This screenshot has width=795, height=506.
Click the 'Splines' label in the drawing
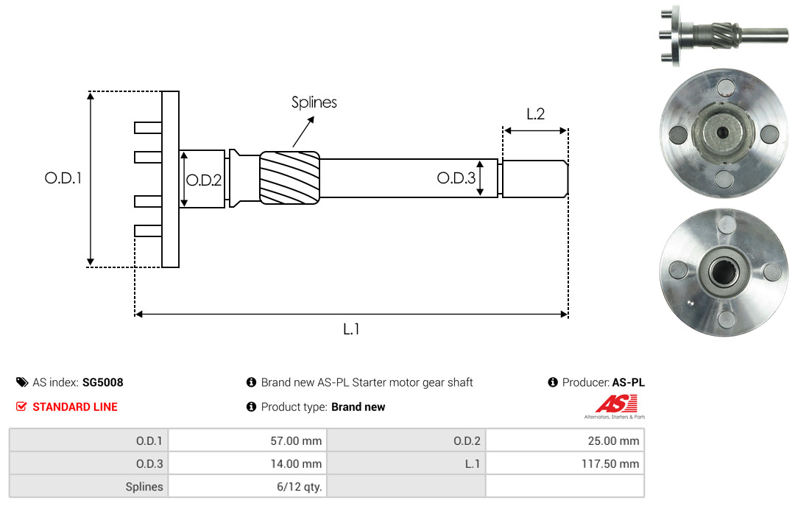[314, 102]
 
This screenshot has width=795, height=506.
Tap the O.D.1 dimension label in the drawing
[63, 178]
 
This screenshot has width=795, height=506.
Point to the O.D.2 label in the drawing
[204, 180]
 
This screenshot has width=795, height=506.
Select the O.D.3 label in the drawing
[456, 178]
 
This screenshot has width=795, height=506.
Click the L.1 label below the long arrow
[351, 329]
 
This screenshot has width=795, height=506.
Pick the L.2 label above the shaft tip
[535, 113]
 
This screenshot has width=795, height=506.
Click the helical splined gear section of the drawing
[289, 178]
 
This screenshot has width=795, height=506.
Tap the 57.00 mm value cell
[247, 440]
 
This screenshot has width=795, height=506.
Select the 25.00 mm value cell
[565, 440]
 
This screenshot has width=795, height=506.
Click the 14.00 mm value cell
[247, 463]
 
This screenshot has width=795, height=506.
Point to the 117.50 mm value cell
[565, 463]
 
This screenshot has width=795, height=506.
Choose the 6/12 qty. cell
[247, 486]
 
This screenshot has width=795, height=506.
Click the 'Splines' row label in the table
[144, 487]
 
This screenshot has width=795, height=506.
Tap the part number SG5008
[103, 382]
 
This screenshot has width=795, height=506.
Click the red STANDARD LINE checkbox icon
[21, 407]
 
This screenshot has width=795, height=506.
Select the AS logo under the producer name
[615, 407]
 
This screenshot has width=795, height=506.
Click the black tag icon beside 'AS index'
[22, 382]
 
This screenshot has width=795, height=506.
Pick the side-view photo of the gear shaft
[724, 35]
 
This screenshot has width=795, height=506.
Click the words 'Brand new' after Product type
[358, 407]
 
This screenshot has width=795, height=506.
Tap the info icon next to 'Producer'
[553, 382]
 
